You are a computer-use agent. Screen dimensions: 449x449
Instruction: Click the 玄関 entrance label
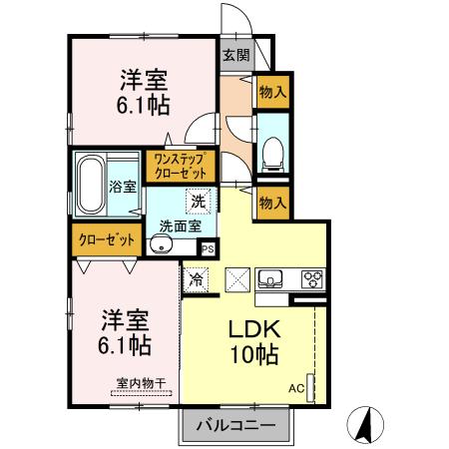[234, 56]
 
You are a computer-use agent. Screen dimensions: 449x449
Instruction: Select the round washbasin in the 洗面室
[159, 244]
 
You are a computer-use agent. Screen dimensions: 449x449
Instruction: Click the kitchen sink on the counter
[271, 278]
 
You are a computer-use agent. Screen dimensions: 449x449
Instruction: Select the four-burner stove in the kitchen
[312, 278]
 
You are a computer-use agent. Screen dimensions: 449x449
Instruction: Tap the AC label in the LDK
[297, 387]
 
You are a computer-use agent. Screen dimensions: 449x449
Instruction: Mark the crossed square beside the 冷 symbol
[237, 279]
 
